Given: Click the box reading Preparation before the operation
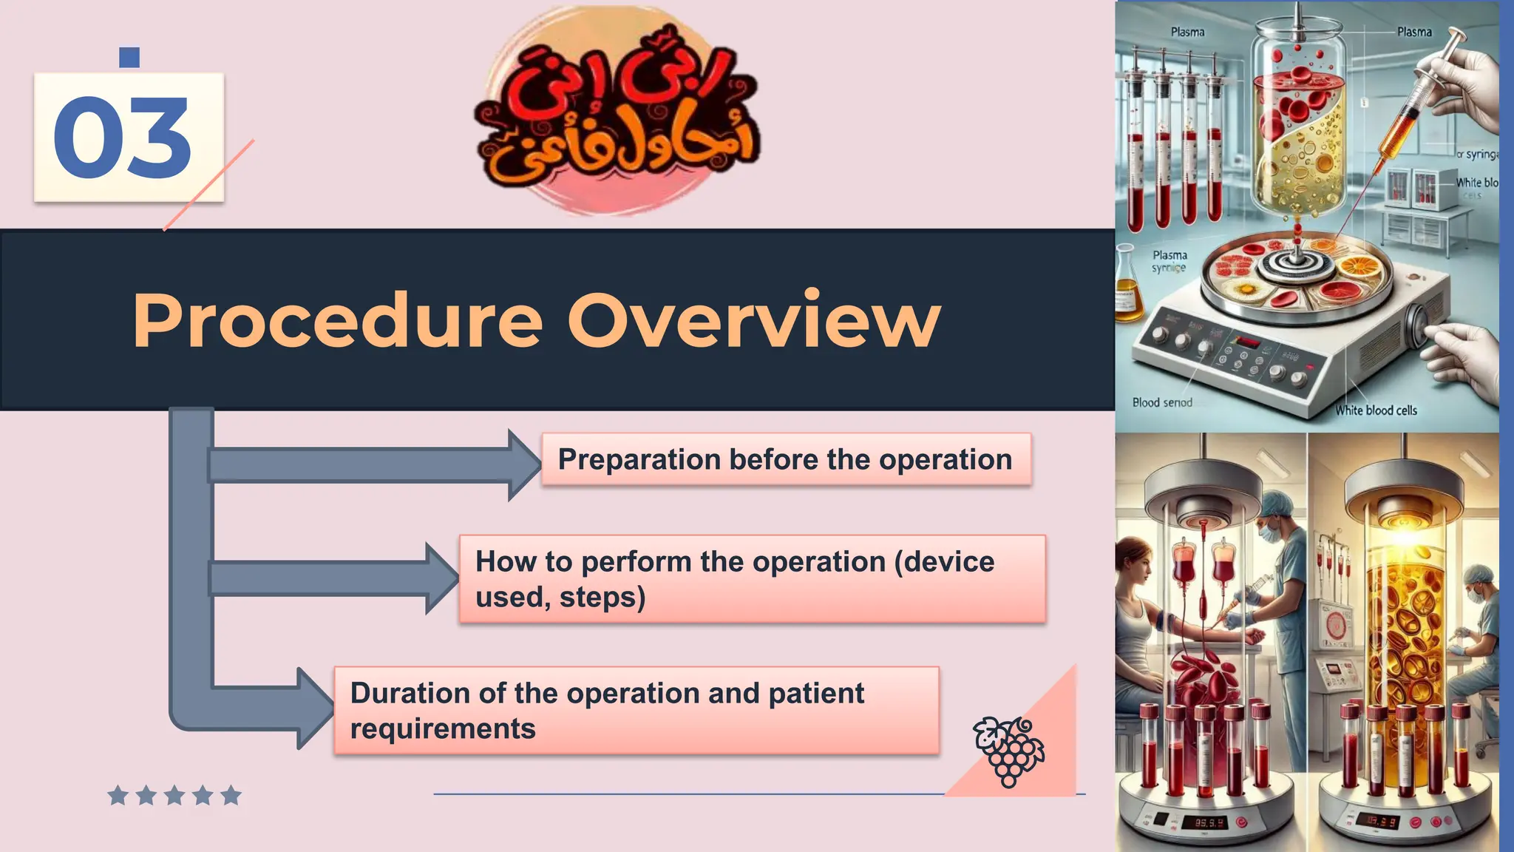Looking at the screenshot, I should pyautogui.click(x=785, y=459).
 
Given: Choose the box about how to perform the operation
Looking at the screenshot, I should pyautogui.click(x=751, y=579).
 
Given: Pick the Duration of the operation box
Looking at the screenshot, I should pyautogui.click(x=636, y=711).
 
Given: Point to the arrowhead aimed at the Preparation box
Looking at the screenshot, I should pyautogui.click(x=523, y=465).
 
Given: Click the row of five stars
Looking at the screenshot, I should pyautogui.click(x=174, y=796).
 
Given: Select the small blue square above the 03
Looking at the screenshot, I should pyautogui.click(x=129, y=57).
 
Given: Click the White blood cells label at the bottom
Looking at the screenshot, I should pyautogui.click(x=1376, y=410).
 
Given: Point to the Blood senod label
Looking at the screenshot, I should pyautogui.click(x=1162, y=402).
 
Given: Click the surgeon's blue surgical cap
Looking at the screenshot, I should pyautogui.click(x=1275, y=506).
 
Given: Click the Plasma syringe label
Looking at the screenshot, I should pyautogui.click(x=1170, y=261).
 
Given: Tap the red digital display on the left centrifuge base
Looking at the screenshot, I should pyautogui.click(x=1209, y=822).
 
